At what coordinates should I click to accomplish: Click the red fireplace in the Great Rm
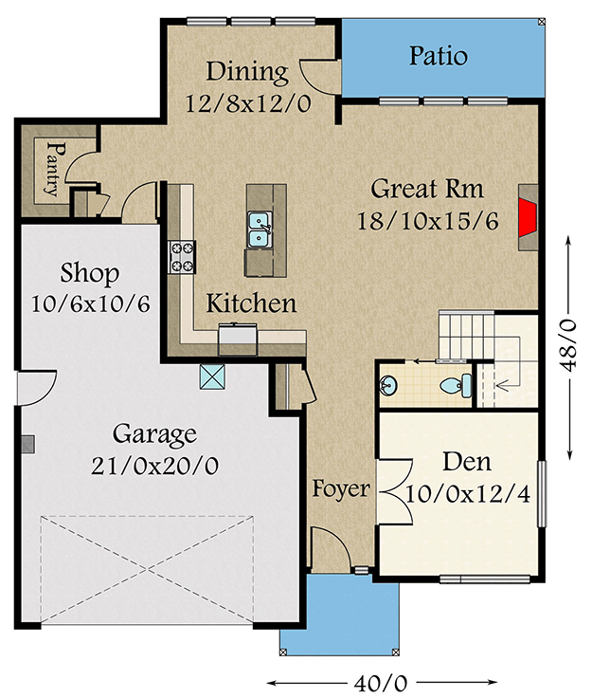[527, 213]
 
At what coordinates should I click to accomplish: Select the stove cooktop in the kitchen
[182, 254]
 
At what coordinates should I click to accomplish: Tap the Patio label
[438, 56]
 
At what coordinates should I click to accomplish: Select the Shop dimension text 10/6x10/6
[91, 305]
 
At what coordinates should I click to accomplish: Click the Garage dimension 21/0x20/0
[154, 466]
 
